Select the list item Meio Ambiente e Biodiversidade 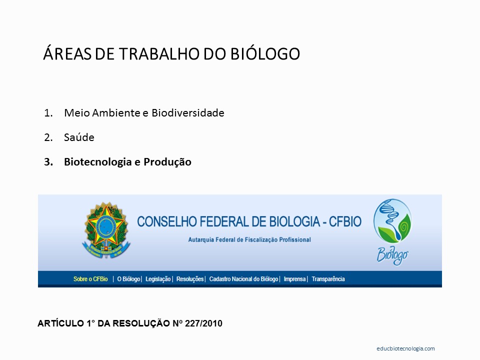[144, 113]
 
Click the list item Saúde [79, 137]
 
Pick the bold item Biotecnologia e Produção [127, 162]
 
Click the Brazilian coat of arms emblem [106, 229]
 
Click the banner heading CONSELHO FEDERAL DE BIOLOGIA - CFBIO [249, 222]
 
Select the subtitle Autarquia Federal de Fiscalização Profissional [249, 239]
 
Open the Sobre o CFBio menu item [90, 279]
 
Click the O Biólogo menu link [128, 279]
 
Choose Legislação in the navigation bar [158, 279]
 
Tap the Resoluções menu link [190, 279]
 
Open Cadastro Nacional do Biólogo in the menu [243, 279]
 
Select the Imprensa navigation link [294, 279]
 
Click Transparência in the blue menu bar [328, 279]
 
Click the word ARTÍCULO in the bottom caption [58, 323]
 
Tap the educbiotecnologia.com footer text [405, 348]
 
